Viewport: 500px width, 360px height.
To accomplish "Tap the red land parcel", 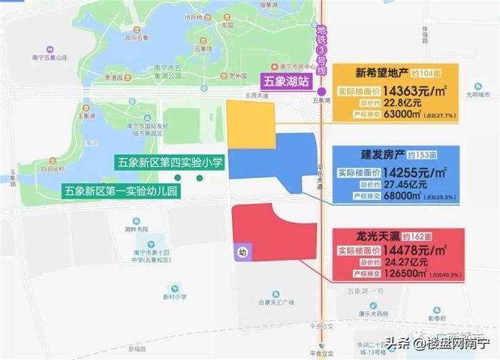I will (275, 236).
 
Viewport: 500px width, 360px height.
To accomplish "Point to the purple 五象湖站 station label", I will (284, 82).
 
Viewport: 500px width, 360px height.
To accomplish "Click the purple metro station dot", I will (321, 92).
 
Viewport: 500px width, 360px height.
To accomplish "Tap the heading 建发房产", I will (384, 154).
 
